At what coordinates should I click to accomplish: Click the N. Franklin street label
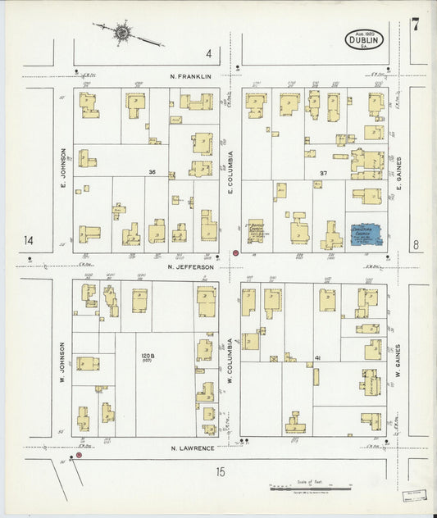click(191, 76)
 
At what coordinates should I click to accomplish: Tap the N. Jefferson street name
click(190, 266)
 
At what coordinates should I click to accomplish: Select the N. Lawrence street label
click(192, 448)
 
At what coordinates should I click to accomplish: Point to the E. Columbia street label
click(231, 172)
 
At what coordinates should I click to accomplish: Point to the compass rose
click(123, 33)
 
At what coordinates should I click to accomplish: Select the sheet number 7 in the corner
click(416, 24)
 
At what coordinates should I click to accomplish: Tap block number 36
click(152, 172)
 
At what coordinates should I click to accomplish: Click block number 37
click(323, 173)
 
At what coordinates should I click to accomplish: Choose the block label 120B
click(147, 357)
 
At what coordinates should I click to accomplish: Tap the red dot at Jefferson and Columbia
click(236, 253)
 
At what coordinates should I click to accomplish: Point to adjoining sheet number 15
click(220, 470)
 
